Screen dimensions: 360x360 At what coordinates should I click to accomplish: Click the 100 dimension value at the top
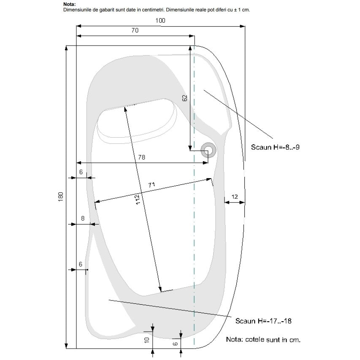tap(160, 21)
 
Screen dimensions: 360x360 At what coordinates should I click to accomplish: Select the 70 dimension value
tap(135, 30)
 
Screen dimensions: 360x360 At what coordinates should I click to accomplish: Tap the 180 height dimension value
tap(60, 197)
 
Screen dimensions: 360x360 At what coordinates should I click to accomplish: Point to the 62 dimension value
tap(184, 98)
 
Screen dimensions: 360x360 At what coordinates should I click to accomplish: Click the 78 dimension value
tap(142, 157)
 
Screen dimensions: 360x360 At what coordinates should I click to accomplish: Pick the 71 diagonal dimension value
tap(152, 185)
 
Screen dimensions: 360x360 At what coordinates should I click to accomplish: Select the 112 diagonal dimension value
tap(137, 199)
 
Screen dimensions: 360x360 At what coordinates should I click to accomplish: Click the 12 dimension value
tap(234, 197)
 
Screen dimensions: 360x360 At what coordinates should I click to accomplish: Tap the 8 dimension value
tap(83, 218)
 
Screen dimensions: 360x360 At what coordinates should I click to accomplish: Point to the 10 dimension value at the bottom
tap(147, 340)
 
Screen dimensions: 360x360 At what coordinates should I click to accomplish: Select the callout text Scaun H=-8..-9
tap(275, 147)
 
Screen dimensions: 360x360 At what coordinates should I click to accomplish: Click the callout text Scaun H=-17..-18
tap(263, 321)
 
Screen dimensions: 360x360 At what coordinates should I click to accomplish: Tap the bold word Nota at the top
tap(69, 4)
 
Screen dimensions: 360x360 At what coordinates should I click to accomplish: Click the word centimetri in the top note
tap(152, 10)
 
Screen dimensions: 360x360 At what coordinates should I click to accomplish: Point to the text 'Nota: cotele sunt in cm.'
tap(263, 340)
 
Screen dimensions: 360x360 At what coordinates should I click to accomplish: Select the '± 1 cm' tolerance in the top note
tap(242, 10)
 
